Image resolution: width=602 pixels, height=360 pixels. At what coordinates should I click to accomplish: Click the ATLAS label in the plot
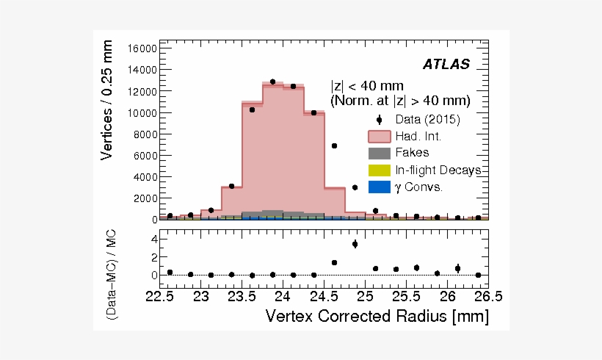[x=446, y=65]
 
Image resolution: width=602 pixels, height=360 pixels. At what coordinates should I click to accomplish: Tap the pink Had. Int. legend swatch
[x=380, y=137]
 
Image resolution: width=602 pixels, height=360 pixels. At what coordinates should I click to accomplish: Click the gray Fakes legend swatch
[x=380, y=154]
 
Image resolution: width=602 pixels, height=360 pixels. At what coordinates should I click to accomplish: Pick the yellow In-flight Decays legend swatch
[x=380, y=170]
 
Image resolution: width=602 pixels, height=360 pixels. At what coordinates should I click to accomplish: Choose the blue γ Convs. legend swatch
[x=380, y=187]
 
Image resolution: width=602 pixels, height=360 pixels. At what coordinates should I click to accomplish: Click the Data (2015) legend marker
[x=380, y=120]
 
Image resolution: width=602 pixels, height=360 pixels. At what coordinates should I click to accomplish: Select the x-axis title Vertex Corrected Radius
[x=377, y=317]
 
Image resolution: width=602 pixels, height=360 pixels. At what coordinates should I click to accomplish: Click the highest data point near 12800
[x=272, y=82]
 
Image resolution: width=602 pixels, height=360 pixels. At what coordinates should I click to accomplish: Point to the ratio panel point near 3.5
[x=355, y=244]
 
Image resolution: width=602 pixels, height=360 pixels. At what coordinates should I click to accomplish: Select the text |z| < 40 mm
[x=367, y=86]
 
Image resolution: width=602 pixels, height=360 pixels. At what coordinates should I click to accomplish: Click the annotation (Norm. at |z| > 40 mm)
[x=400, y=101]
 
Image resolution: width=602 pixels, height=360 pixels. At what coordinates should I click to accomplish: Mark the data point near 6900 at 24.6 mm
[x=334, y=145]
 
